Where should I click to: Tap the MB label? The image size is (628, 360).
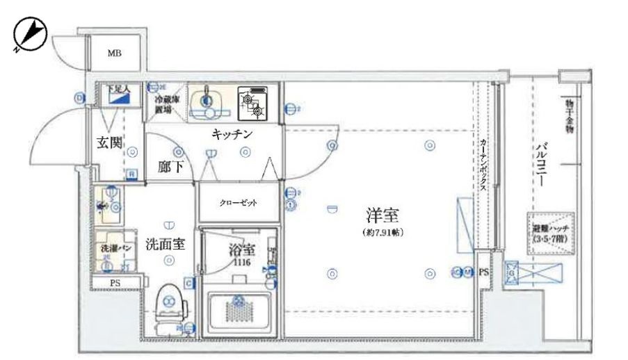click(111, 52)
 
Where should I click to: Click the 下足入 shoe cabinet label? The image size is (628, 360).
click(118, 89)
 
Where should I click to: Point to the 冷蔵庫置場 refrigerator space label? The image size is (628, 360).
click(165, 104)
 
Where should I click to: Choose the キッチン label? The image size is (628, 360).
click(232, 134)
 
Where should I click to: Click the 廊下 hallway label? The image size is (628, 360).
click(169, 167)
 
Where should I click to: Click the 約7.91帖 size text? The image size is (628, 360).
click(383, 232)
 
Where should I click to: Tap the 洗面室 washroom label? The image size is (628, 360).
click(165, 244)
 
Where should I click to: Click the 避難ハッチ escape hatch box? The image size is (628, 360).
click(548, 234)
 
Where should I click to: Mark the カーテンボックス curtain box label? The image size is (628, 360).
click(482, 165)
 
